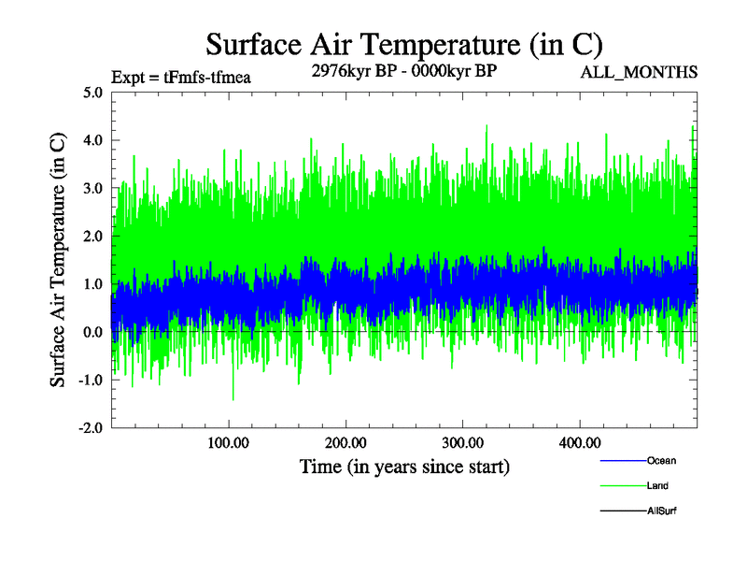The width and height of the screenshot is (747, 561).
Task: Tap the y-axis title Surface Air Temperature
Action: (x=58, y=259)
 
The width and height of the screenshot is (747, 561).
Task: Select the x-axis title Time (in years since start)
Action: (x=404, y=465)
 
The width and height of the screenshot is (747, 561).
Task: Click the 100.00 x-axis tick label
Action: (x=229, y=442)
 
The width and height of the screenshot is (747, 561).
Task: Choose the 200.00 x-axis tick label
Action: (x=345, y=442)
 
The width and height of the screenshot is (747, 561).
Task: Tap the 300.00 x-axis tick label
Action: (x=462, y=442)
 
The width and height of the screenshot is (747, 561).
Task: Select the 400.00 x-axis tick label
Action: (x=579, y=442)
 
